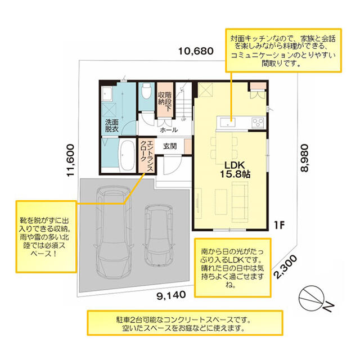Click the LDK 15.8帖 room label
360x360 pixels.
(x=235, y=169)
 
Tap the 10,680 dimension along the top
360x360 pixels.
(x=196, y=51)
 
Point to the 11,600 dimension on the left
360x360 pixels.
(x=70, y=160)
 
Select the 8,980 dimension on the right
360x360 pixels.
(x=304, y=157)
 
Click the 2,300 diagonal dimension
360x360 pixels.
(x=285, y=267)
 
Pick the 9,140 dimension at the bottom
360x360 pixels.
(x=171, y=295)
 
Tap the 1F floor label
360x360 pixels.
(x=279, y=225)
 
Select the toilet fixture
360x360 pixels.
(x=146, y=91)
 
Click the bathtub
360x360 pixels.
(x=127, y=155)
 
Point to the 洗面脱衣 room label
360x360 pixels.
(x=112, y=125)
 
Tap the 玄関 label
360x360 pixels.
(x=170, y=146)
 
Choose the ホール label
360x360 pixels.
(x=169, y=130)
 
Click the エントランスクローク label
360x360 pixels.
(x=147, y=156)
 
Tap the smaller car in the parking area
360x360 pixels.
(x=159, y=236)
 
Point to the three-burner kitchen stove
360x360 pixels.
(x=258, y=123)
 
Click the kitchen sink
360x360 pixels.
(x=227, y=122)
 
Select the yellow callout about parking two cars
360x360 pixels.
(x=185, y=323)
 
